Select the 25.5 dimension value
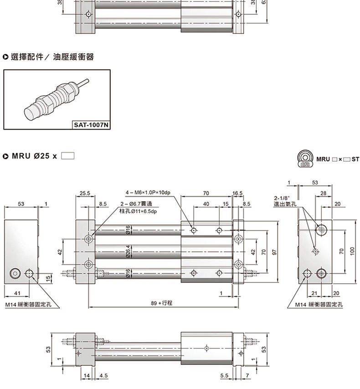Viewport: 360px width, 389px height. [x=85, y=193]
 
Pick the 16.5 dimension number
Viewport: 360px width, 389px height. [x=237, y=193]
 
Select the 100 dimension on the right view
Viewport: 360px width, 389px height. [x=352, y=252]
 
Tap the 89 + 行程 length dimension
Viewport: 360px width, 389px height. [x=162, y=302]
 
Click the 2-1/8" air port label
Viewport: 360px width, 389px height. [x=282, y=198]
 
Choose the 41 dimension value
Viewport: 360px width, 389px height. [x=18, y=292]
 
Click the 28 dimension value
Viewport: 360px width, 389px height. [x=323, y=194]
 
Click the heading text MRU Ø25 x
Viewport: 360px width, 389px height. [x=34, y=156]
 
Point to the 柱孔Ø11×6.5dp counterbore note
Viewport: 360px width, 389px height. [x=138, y=211]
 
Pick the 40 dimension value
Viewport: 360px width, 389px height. [x=206, y=204]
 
